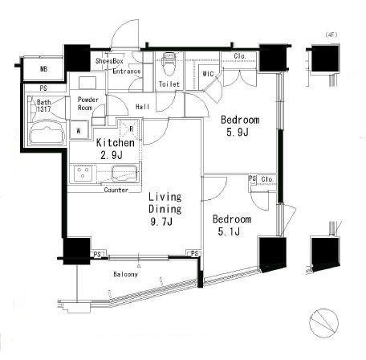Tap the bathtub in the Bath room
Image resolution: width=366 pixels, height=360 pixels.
coord(47,132)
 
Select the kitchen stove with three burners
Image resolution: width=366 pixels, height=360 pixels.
coord(83,173)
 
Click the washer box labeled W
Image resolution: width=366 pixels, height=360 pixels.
coord(79,130)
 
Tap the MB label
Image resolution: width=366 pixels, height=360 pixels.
coord(44,69)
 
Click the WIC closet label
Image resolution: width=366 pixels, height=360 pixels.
coord(208,73)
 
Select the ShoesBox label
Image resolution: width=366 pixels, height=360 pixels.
coord(109,61)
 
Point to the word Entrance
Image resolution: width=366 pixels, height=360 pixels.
coord(127,72)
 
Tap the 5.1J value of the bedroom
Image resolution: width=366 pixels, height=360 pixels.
coord(229,231)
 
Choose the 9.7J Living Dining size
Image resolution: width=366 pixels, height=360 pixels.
coord(161,222)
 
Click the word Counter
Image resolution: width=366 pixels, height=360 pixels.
coord(116,190)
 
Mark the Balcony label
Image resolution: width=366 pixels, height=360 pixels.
coord(125,274)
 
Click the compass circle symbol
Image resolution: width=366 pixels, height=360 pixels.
coord(324,322)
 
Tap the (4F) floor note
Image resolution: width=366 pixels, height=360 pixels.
coord(331,35)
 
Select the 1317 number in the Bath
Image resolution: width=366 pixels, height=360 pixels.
coord(44,109)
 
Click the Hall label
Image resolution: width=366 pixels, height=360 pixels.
coord(142,107)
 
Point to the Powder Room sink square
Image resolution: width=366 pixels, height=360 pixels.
coord(87,83)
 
